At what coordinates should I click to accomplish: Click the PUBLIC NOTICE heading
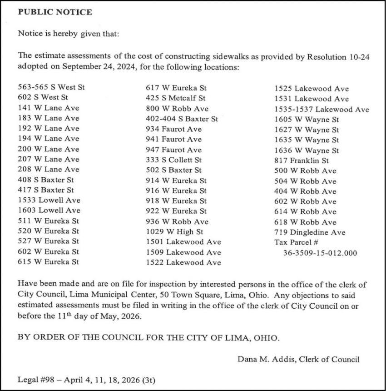(54, 12)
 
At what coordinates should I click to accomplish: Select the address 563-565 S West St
(51, 87)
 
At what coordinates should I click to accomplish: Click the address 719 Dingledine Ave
(310, 232)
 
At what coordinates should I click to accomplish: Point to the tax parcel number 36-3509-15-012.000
(320, 253)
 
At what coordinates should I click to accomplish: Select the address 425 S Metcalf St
(175, 98)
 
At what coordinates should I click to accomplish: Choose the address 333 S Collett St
(173, 160)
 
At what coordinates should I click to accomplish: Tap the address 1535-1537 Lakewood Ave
(322, 109)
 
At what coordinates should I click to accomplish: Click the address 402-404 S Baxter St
(182, 119)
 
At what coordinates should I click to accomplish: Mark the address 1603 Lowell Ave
(49, 211)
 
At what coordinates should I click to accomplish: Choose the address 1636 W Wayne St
(307, 150)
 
